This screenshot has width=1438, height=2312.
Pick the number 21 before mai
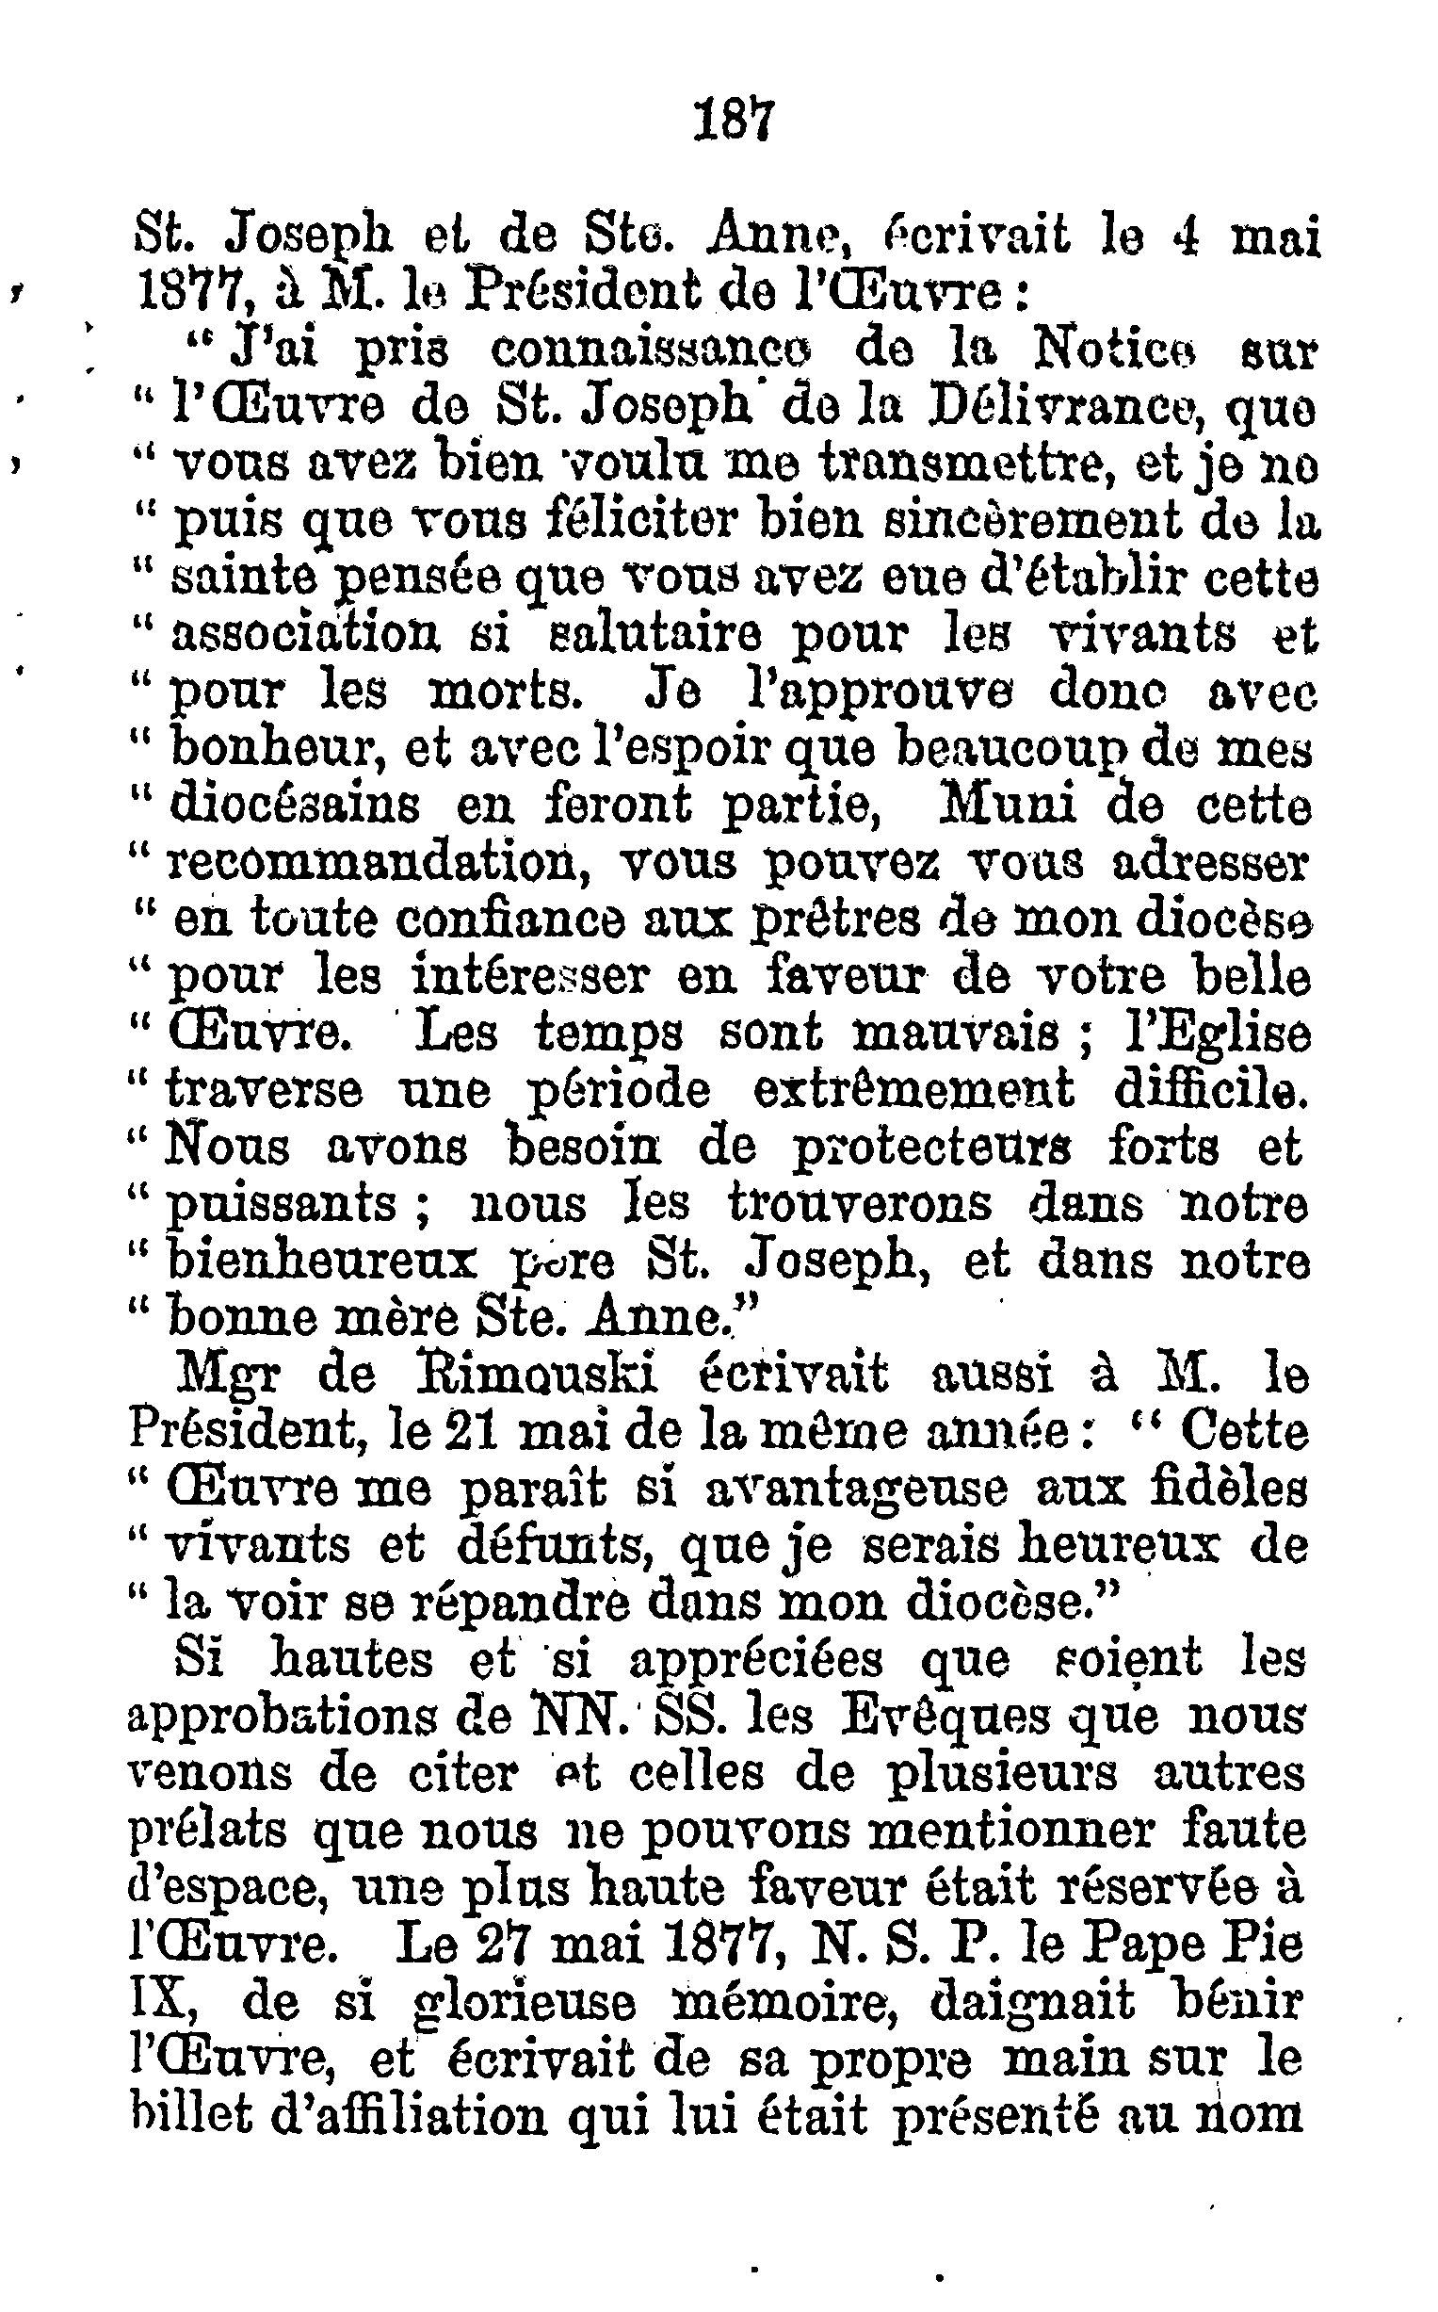[x=476, y=1431]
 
